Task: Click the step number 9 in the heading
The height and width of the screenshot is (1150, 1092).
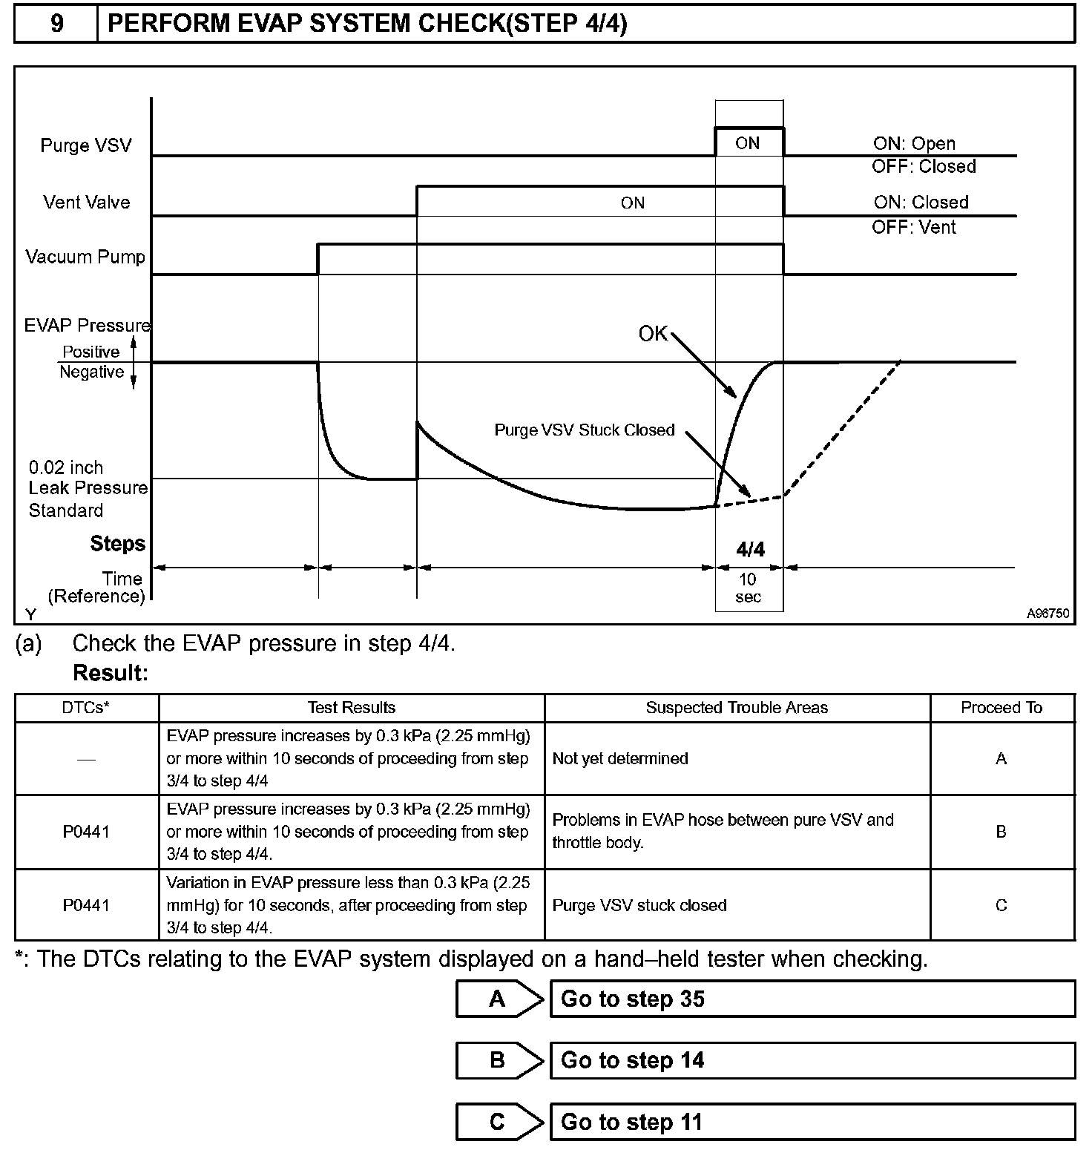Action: pos(56,24)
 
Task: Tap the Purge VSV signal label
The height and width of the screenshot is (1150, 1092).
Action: pos(85,145)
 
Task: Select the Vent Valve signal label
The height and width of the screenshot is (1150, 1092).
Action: pos(86,203)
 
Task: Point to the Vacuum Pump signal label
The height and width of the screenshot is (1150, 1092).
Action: pos(85,257)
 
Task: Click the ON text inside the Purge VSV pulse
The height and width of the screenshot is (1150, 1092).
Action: pos(747,143)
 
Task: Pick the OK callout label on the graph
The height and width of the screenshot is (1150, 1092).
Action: pos(653,334)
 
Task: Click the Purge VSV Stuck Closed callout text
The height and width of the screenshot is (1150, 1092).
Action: pos(585,430)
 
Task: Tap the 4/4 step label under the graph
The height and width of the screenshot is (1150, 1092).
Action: pos(750,549)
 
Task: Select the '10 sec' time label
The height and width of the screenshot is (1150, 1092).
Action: pos(748,588)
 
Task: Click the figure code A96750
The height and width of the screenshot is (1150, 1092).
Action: pos(1047,614)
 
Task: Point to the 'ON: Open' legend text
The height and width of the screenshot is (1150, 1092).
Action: pos(914,144)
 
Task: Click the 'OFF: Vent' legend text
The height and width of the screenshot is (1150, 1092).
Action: pos(914,227)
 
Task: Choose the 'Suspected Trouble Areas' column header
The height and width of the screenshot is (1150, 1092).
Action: pos(737,708)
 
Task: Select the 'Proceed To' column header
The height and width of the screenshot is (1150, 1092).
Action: pos(1001,708)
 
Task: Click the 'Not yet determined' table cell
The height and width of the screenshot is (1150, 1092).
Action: pos(620,758)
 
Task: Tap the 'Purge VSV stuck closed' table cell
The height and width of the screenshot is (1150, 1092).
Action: pos(639,905)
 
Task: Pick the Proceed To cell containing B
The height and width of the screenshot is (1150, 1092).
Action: pos(1001,832)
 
